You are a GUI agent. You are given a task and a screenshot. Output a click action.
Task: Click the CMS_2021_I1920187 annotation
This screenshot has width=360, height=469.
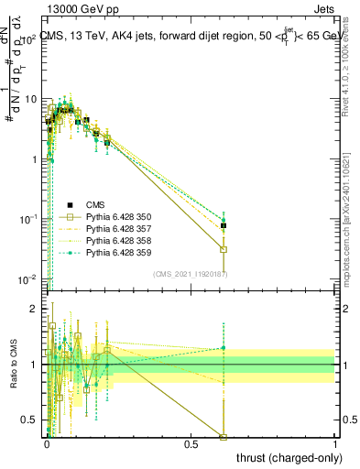(190, 274)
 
